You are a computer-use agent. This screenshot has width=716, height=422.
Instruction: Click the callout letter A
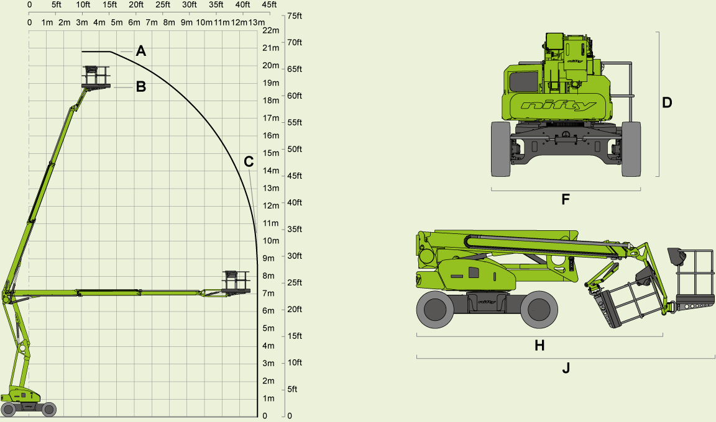[x=141, y=52]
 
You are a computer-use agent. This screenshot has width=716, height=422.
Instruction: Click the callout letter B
[x=141, y=87]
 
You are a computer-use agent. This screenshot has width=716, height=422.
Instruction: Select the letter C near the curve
[x=249, y=162]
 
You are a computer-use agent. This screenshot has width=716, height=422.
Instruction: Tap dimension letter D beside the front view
[x=667, y=103]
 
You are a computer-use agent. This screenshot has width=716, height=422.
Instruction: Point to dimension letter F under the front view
[x=566, y=200]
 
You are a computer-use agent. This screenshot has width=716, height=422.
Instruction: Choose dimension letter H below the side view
[x=539, y=346]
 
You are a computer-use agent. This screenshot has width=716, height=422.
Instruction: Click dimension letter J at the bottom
[x=566, y=369]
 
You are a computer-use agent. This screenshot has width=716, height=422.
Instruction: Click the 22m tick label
[x=270, y=30]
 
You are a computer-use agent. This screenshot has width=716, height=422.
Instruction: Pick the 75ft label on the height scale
[x=295, y=16]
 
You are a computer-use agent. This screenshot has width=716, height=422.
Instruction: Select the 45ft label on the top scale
[x=269, y=5]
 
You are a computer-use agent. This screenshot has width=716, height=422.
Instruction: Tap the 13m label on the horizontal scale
[x=257, y=23]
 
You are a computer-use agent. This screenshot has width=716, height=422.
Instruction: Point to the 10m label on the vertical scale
[x=270, y=241]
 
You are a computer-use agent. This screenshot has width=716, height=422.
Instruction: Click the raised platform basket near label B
[x=96, y=78]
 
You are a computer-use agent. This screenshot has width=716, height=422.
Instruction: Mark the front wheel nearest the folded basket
[x=538, y=309]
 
